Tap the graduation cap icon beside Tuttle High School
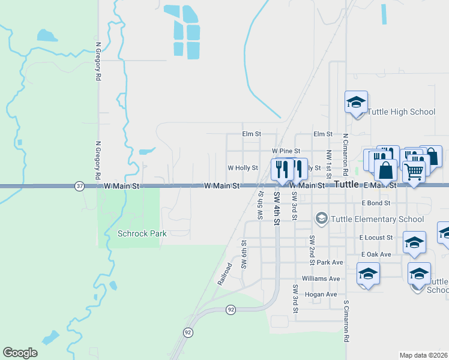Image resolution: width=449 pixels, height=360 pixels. (356, 101)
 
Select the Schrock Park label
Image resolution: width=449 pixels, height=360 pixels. (142, 233)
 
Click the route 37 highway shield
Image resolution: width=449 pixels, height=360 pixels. (80, 187)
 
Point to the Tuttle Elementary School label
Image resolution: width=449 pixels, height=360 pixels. (378, 219)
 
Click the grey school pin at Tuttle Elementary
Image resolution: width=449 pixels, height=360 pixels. (322, 218)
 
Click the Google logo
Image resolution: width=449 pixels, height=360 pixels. (20, 352)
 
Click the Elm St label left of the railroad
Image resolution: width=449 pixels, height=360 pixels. (252, 134)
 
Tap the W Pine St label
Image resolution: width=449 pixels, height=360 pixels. (285, 151)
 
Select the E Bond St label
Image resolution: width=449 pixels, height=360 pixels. (377, 203)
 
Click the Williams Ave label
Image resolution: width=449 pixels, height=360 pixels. (321, 279)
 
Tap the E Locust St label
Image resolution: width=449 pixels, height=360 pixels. (376, 238)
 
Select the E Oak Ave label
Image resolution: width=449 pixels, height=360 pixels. (376, 254)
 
